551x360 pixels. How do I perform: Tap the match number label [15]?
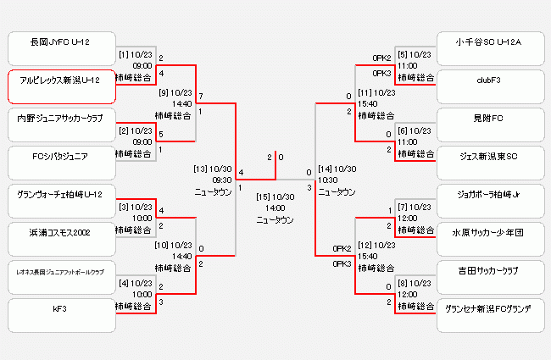[x=263, y=197]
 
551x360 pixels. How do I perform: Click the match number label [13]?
[x=201, y=168]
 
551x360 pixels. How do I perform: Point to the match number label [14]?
[x=325, y=168]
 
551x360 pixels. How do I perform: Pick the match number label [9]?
[x=164, y=92]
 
